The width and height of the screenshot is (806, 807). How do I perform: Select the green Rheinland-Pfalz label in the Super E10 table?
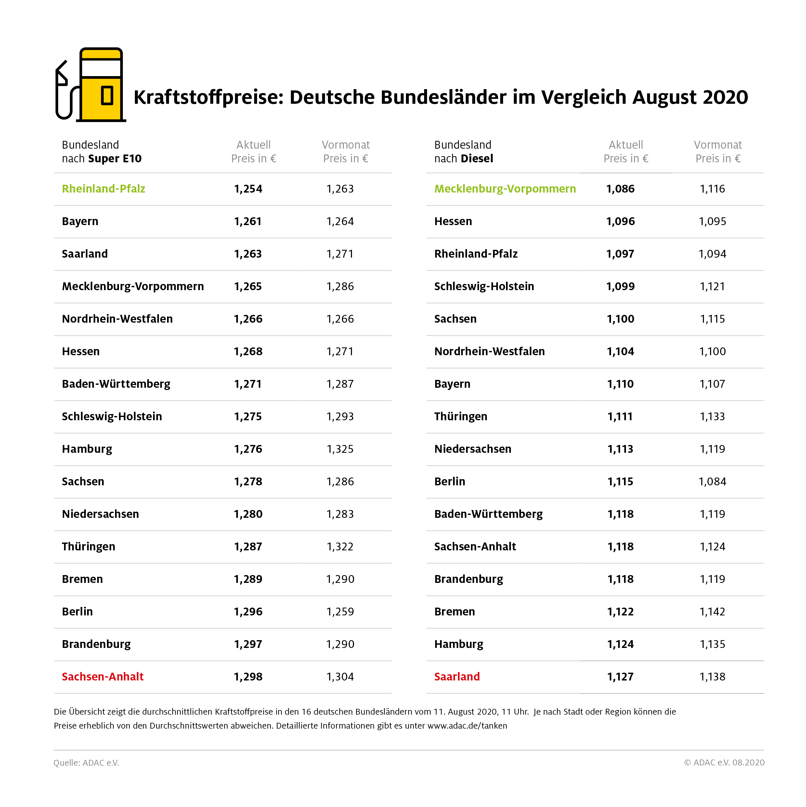click(x=104, y=189)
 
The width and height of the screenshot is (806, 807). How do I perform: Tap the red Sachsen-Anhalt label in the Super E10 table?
click(x=103, y=677)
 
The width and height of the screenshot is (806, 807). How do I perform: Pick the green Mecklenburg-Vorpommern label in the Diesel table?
click(x=505, y=189)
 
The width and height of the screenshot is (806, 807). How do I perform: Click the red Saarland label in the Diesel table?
click(x=457, y=677)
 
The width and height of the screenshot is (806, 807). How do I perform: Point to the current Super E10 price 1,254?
click(x=248, y=189)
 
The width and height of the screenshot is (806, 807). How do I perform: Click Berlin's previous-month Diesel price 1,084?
click(x=712, y=482)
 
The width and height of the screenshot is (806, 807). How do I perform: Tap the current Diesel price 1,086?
click(x=620, y=189)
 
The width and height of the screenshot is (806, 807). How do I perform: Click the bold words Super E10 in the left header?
click(x=115, y=159)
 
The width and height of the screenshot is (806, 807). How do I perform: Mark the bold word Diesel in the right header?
click(x=477, y=159)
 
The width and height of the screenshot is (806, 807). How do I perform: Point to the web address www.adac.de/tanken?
click(x=467, y=726)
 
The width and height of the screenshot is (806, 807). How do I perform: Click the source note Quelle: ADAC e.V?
click(x=86, y=763)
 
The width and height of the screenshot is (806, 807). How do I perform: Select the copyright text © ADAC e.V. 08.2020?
click(x=724, y=762)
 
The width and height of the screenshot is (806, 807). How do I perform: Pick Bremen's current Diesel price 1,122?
click(x=620, y=612)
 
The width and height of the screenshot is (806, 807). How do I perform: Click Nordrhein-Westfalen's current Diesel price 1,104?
click(x=620, y=352)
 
